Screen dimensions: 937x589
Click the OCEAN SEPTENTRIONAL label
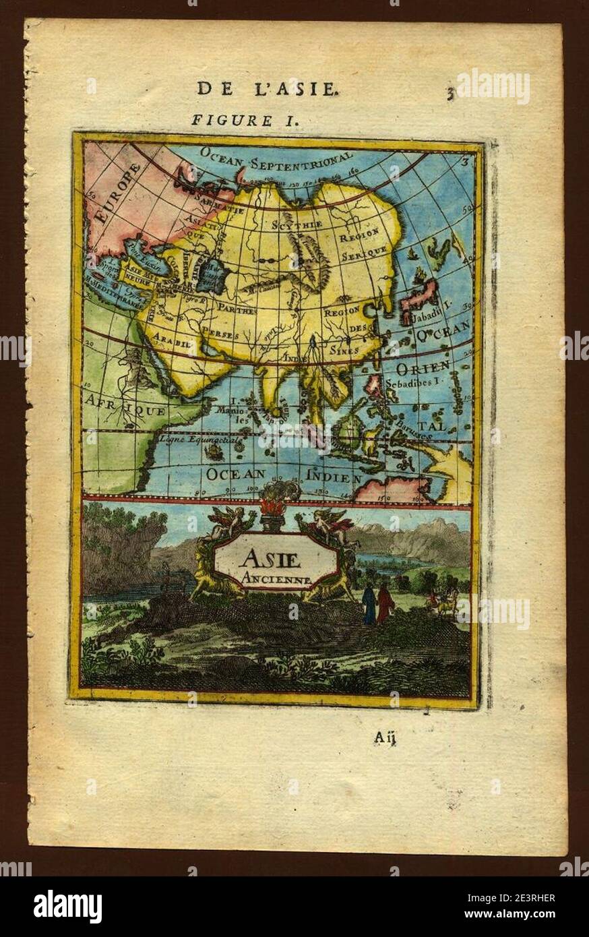point(276,156)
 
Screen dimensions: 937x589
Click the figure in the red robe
point(385,603)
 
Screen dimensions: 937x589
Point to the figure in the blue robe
point(369,604)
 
